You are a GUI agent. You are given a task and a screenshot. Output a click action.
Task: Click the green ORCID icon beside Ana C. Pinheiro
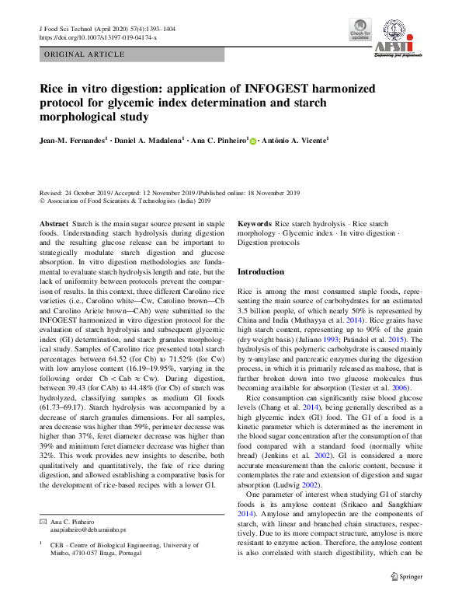pos(253,140)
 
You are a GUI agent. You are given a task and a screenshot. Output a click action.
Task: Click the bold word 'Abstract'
pos(54,223)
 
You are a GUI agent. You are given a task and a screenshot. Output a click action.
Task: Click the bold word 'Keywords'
pos(255,223)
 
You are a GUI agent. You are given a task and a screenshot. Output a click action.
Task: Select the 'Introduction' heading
pos(260,272)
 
